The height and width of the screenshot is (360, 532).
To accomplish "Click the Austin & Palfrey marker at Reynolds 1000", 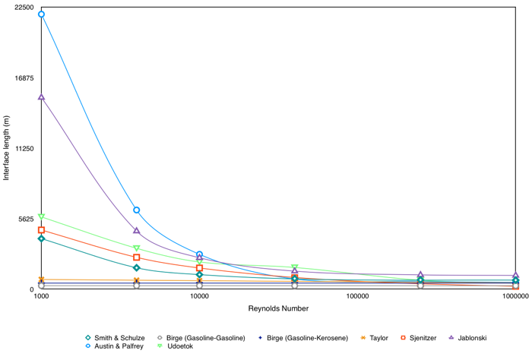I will (41, 14).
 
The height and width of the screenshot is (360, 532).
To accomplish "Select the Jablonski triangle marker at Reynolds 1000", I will (41, 97).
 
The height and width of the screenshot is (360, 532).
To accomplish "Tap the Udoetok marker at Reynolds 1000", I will (41, 217).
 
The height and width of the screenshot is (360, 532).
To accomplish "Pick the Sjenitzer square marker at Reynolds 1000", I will (41, 230).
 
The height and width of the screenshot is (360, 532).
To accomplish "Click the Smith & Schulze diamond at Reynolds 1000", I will (41, 238).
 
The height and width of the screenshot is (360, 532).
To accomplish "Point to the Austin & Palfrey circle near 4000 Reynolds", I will (137, 210).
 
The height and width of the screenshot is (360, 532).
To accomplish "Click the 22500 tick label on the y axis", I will (23, 8).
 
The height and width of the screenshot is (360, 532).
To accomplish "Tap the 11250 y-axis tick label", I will (23, 149).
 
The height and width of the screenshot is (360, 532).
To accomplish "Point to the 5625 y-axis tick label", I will (25, 219).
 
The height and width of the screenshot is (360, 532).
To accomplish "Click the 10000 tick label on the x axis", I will (199, 297).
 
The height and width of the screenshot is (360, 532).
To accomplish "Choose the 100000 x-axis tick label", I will (357, 297).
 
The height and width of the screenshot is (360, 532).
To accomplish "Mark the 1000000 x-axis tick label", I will (515, 297).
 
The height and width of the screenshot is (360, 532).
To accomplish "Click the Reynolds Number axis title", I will (278, 309).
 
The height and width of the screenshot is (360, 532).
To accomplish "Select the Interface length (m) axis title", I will (7, 148).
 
